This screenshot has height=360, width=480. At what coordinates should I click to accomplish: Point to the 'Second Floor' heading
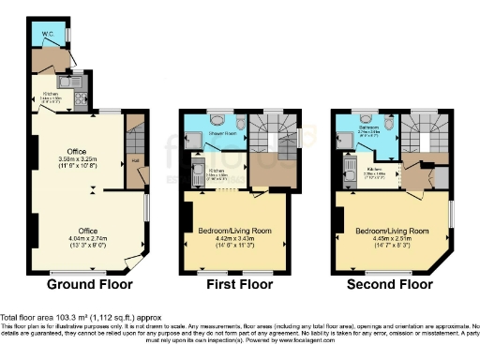(x=390, y=283)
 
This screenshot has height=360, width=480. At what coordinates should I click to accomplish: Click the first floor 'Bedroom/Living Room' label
(x=231, y=228)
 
